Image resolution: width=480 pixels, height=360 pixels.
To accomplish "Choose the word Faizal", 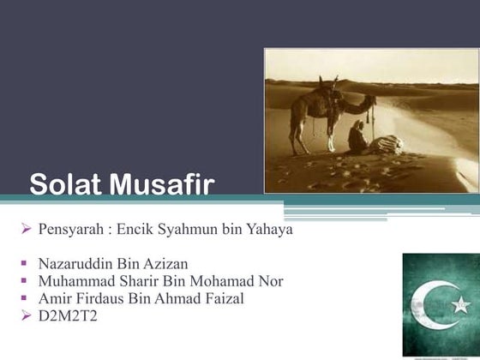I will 224,297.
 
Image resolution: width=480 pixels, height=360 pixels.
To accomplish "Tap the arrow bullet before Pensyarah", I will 27,230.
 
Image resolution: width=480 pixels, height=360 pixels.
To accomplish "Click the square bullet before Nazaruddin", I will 27,264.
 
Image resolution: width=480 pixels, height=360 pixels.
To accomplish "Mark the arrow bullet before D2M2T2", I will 27,315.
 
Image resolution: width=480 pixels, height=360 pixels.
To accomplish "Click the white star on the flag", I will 460,304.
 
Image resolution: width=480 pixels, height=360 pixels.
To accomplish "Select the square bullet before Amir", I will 27,298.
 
